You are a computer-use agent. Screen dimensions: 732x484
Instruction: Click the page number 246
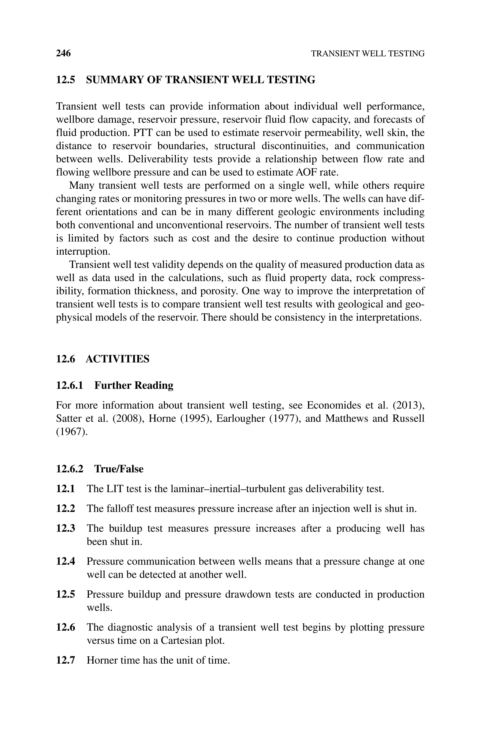point(63,54)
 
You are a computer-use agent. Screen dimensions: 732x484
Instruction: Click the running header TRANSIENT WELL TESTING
point(367,54)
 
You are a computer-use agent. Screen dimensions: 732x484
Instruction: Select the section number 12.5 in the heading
point(65,80)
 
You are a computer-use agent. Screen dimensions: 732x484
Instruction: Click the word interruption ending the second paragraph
point(83,252)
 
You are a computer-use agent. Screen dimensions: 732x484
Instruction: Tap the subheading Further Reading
point(134,385)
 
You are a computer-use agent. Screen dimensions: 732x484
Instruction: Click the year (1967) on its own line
point(72,432)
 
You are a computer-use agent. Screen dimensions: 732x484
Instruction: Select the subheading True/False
point(119,469)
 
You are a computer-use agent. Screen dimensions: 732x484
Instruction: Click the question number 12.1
point(65,489)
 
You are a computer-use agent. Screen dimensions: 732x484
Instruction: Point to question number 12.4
point(65,561)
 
